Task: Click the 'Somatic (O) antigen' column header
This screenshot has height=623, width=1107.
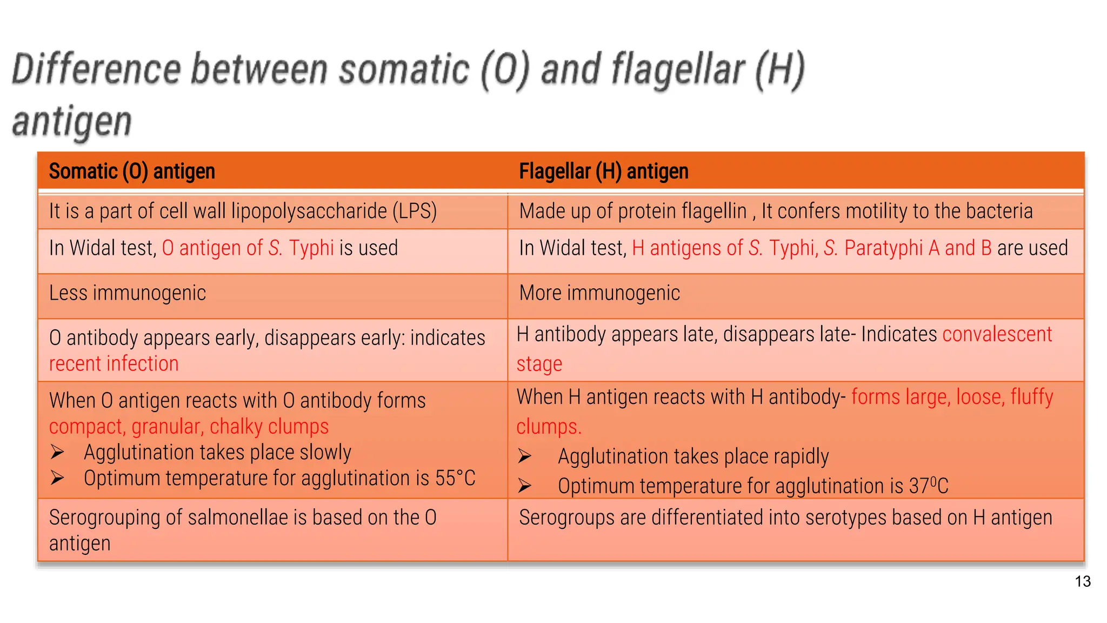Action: tap(132, 171)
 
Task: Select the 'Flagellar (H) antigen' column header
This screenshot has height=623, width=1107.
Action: tap(603, 171)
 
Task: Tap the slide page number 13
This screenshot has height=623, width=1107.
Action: tap(1083, 581)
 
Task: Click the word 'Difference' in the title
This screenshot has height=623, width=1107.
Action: tap(96, 70)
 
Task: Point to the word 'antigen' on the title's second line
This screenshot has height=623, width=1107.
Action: tap(72, 121)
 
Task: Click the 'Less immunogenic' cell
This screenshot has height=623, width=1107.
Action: tap(128, 293)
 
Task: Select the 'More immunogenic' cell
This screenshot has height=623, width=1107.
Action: tap(599, 293)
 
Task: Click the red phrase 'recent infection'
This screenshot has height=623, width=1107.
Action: tap(114, 364)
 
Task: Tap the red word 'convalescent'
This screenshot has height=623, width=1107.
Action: tap(997, 334)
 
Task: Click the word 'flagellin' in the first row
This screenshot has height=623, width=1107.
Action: tap(714, 211)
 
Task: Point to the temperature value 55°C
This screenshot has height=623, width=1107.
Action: tap(455, 478)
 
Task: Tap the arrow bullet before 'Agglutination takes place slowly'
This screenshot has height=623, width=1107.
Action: tap(57, 452)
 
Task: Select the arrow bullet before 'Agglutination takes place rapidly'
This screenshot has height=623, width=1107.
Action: tap(524, 456)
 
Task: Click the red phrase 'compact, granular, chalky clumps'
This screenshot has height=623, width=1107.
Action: tap(189, 427)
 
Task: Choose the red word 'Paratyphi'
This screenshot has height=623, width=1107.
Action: tap(883, 248)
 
